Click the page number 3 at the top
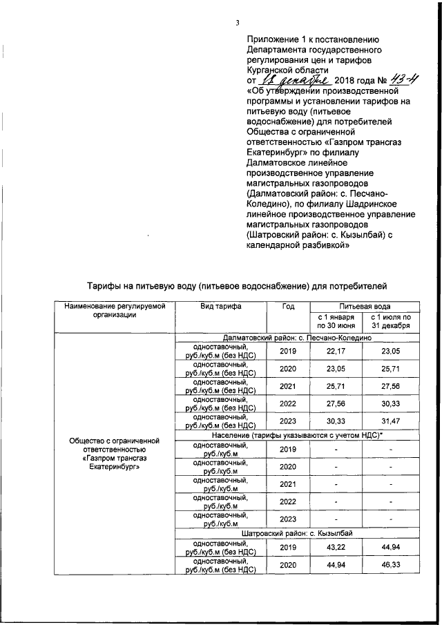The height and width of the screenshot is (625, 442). click(237, 23)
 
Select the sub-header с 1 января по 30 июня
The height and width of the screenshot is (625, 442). click(336, 321)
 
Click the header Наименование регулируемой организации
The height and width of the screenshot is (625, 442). click(111, 310)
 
